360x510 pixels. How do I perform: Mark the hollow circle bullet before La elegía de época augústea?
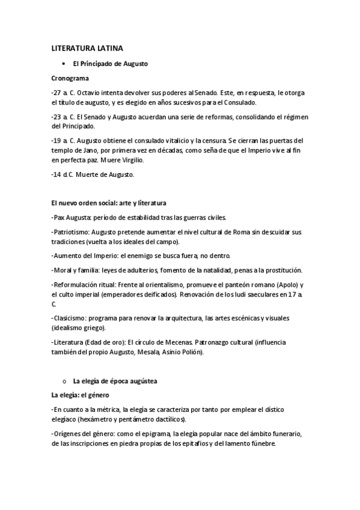(x=64, y=381)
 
